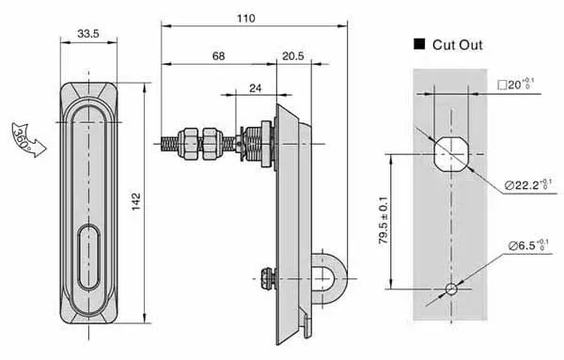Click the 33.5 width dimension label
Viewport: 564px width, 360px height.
click(x=89, y=35)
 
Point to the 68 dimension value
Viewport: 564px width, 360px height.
click(x=218, y=57)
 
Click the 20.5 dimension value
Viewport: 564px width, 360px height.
click(x=293, y=57)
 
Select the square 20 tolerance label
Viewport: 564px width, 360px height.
click(x=516, y=86)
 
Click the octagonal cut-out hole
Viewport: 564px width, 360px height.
click(x=450, y=154)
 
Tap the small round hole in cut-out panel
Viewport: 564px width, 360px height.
click(x=450, y=288)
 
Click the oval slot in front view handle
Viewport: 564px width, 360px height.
click(x=89, y=256)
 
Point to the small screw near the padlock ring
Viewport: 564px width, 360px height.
click(x=267, y=275)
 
